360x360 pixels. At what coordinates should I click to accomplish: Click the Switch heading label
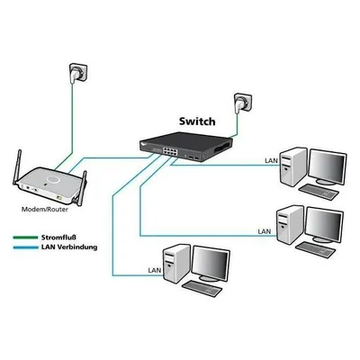197,121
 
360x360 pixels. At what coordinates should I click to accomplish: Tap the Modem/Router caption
45,210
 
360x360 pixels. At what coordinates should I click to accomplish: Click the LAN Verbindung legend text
69,247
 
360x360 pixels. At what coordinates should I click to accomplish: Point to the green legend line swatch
25,238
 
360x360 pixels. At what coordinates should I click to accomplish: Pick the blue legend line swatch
25,247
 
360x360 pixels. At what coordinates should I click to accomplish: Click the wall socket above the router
78,73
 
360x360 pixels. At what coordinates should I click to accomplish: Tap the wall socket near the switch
243,103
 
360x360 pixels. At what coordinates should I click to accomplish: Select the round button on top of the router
52,179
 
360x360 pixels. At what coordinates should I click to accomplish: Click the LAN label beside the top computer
271,160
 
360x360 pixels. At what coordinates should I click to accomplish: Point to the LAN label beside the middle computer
265,231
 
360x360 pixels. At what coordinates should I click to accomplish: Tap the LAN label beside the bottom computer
155,270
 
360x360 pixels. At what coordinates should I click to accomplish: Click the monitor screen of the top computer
328,166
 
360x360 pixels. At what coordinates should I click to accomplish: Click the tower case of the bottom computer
176,263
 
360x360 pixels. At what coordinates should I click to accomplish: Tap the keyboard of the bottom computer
202,289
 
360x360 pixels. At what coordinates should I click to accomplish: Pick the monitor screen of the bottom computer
211,263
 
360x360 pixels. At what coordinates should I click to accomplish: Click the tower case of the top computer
292,166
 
